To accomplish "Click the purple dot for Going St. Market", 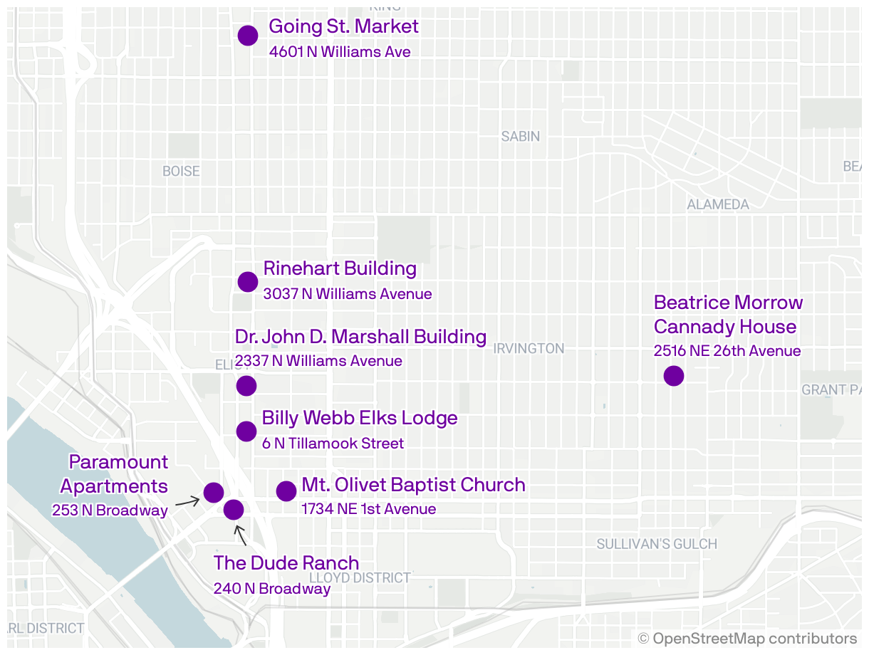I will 247,36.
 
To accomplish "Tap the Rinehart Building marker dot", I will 247,281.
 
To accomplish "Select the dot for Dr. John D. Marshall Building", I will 246,386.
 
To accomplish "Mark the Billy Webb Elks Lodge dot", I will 246,431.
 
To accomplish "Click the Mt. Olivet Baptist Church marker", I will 286,491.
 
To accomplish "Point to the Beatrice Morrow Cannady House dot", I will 673,375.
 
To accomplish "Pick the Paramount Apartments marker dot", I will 213,492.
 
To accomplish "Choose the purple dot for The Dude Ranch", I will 233,509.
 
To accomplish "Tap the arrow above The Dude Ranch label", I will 240,535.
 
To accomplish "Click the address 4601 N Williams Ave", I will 340,52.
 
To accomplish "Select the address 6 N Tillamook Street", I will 333,444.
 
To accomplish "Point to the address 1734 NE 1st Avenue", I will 368,509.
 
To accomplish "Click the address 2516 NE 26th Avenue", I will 727,351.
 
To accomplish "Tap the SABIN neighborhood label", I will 520,136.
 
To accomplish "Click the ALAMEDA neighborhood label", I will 717,204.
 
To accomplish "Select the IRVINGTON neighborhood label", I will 529,349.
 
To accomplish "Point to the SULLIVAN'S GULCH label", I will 656,544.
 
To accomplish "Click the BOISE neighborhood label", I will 181,171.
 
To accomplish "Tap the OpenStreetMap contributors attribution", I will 747,638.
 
